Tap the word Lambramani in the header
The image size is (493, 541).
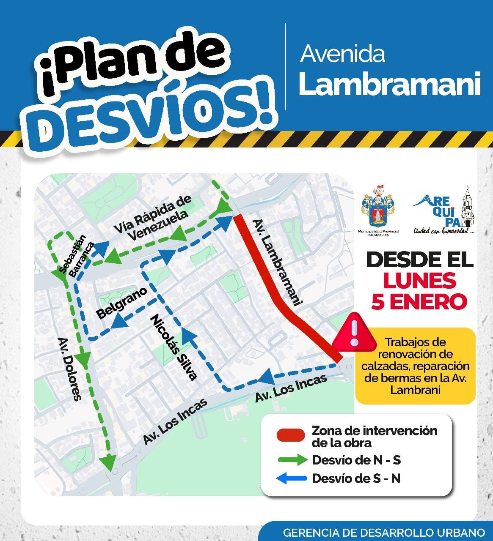tap(389, 84)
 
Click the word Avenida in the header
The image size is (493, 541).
tap(342, 54)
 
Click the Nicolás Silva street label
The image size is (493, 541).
tap(174, 347)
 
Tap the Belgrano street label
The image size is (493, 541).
tap(122, 303)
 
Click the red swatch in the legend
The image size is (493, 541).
tap(290, 435)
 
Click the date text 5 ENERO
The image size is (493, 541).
tap(419, 302)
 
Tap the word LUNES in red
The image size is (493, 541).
tap(420, 280)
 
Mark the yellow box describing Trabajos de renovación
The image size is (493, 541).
tap(415, 366)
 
